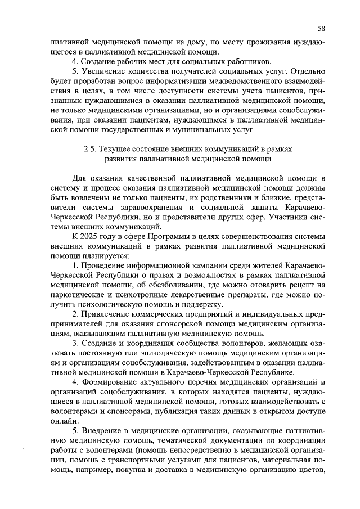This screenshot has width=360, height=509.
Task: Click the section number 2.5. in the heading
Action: pos(91,148)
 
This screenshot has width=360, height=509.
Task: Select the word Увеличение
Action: pos(105,71)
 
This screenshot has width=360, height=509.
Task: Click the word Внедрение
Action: pos(103,430)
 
